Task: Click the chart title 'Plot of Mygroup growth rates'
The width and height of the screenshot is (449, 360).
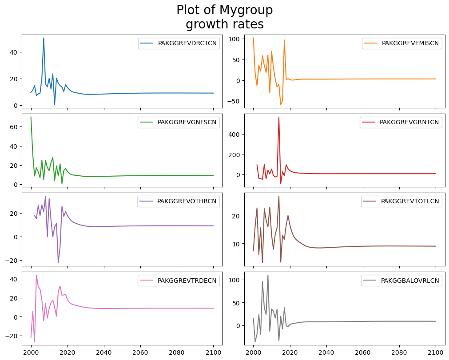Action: [x=224, y=17]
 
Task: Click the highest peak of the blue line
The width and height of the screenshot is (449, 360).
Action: [x=44, y=38]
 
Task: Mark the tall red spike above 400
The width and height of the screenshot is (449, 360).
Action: [x=279, y=117]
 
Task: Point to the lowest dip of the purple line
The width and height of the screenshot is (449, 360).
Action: [x=58, y=262]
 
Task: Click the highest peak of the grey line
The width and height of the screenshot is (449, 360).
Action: [x=268, y=275]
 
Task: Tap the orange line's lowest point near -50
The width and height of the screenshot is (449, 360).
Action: [x=281, y=104]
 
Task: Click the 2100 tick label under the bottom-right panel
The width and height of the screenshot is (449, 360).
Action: [x=435, y=352]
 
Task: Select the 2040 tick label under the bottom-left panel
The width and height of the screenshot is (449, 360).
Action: [x=104, y=352]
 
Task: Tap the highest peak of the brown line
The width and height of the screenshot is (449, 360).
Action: [x=279, y=196]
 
